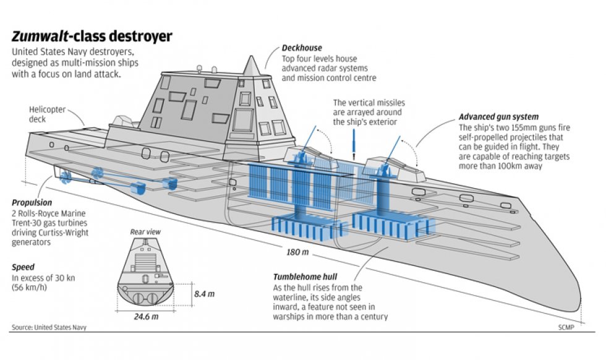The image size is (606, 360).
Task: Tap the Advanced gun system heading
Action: point(498,117)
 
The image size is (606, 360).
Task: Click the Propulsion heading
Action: point(32,203)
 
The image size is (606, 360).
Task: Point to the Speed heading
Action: point(22,268)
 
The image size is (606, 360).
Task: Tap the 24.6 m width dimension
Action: point(147,317)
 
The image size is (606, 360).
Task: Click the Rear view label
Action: point(145,232)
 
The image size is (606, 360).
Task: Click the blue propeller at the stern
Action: point(66,178)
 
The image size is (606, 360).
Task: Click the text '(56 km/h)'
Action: point(29,288)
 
